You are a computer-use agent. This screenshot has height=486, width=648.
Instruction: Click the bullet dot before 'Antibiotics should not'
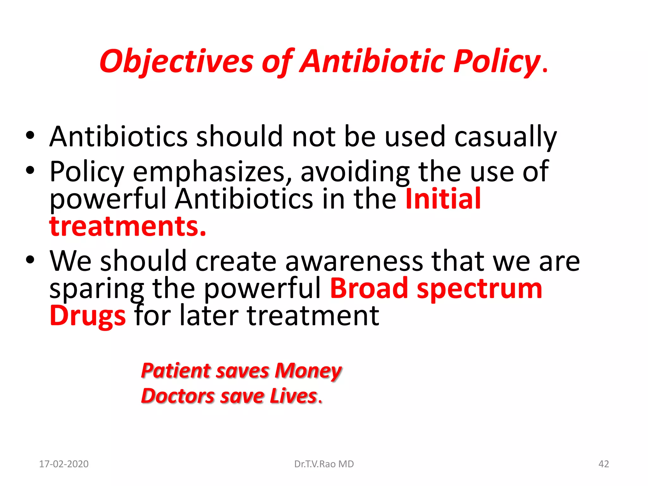tap(30, 136)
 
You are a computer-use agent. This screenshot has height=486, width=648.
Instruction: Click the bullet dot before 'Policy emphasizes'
tap(30, 171)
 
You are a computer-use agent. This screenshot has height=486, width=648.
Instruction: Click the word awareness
tap(354, 261)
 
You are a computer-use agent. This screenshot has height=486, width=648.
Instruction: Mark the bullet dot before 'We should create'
tap(30, 260)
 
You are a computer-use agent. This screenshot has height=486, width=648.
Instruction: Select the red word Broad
tap(369, 289)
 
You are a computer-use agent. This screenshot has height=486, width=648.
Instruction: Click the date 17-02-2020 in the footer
tap(64, 464)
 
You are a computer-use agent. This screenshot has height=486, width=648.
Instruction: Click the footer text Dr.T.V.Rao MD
tap(324, 464)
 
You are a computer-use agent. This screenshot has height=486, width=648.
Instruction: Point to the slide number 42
tap(604, 464)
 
